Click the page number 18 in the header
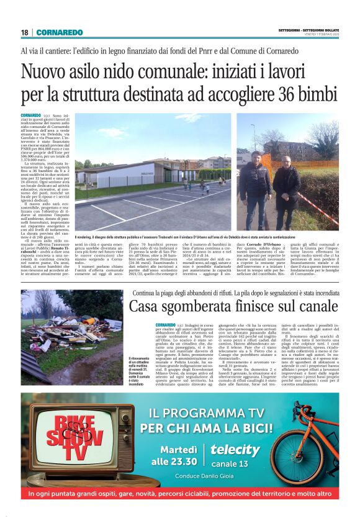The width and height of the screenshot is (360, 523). (24, 32)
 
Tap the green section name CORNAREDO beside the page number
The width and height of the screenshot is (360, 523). (59, 32)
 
